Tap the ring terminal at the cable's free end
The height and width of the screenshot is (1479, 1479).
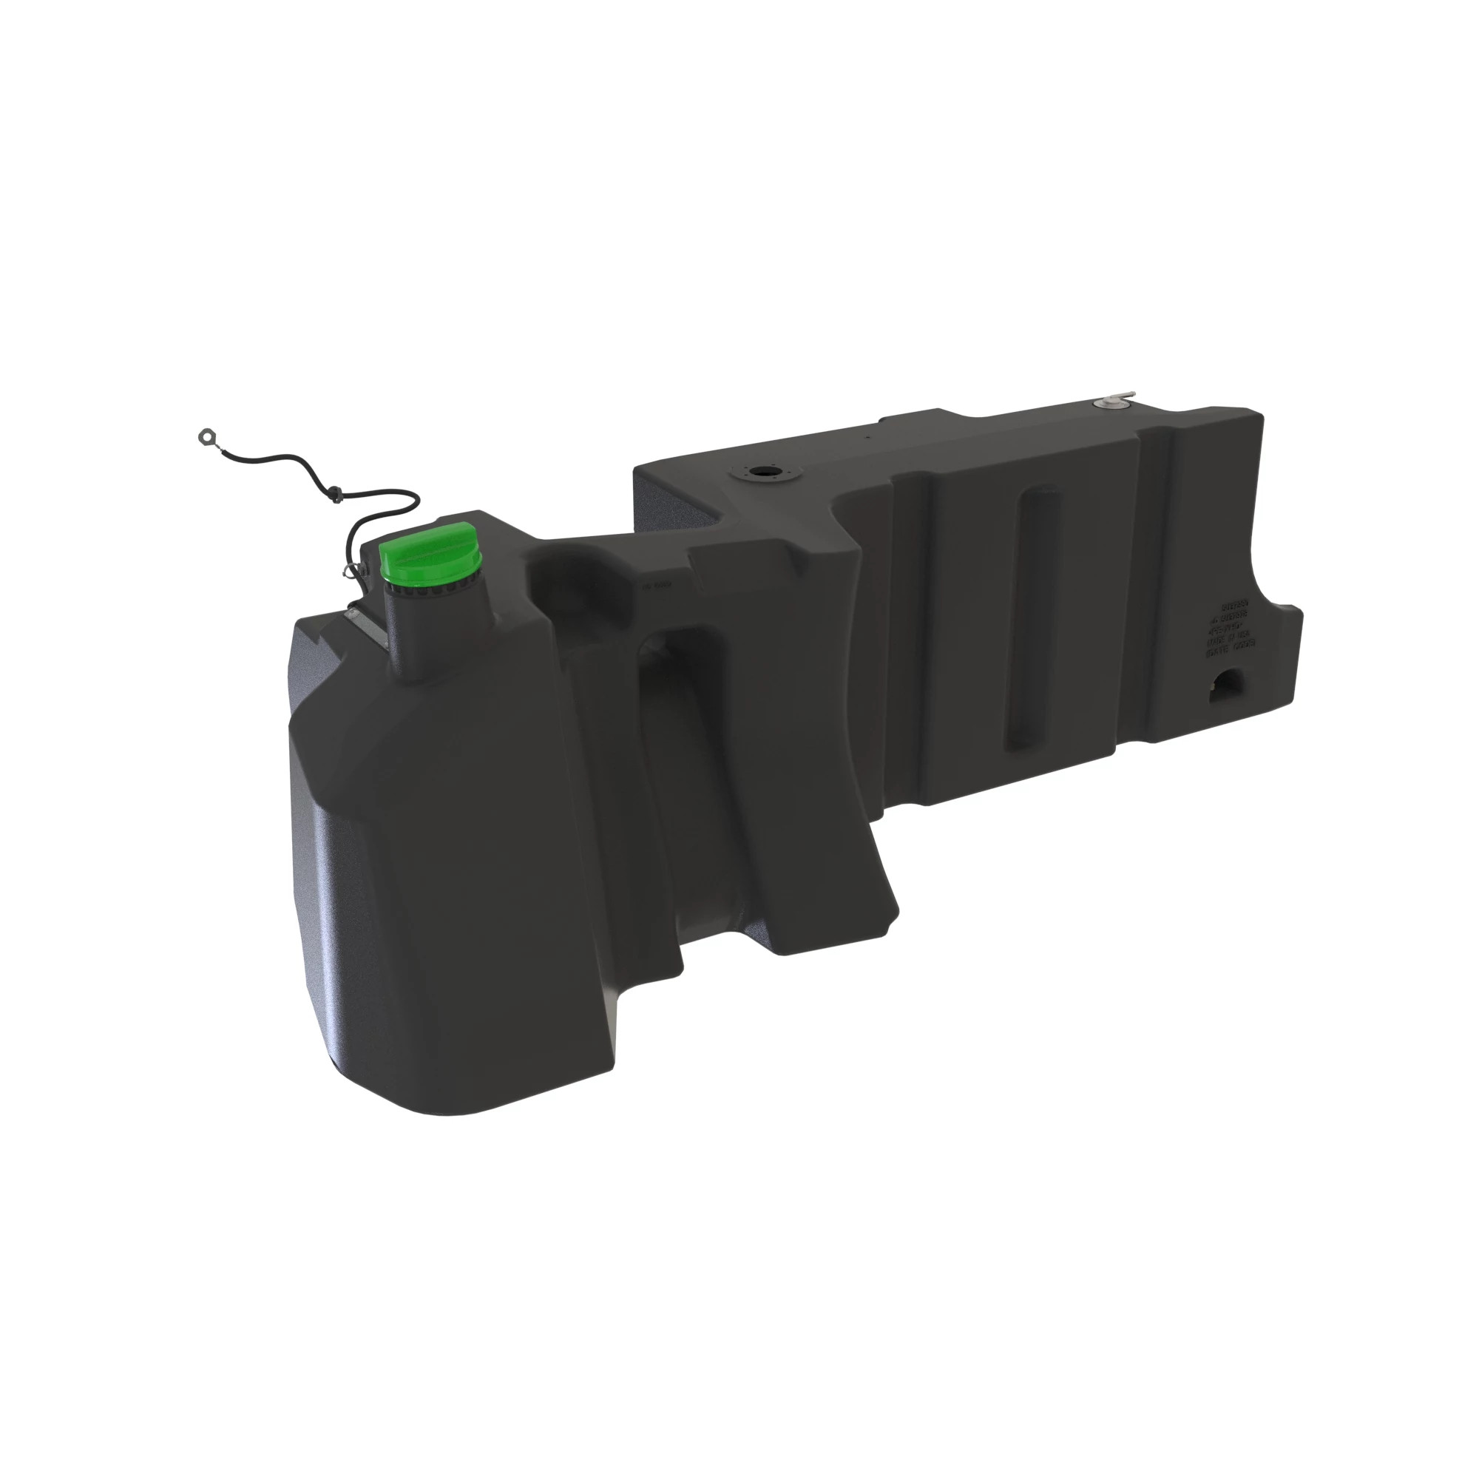pos(206,436)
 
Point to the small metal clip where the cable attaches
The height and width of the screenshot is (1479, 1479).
pos(352,568)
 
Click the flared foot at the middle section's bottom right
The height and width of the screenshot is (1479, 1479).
pos(880,911)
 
